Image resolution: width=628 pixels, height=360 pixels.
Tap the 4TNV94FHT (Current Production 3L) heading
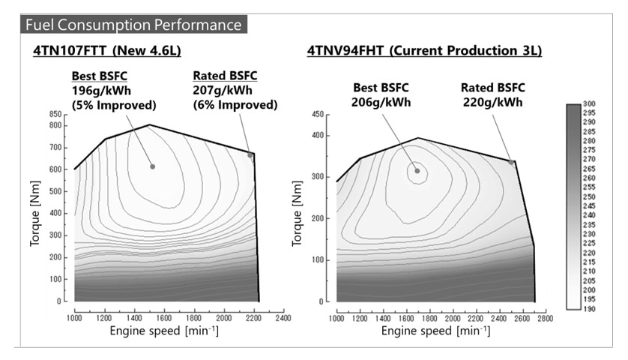pos(424,51)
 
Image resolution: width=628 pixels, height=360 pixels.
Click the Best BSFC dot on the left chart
pos(152,166)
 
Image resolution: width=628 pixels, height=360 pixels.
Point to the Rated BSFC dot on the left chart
pos(250,155)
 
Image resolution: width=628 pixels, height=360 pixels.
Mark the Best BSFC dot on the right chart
pos(417,171)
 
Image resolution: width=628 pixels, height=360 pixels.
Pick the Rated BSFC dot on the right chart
pos(512,162)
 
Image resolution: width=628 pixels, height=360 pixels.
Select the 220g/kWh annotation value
pos(492,103)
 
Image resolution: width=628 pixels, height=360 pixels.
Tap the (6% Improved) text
pos(235,105)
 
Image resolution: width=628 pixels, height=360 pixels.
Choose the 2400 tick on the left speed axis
pos(283,317)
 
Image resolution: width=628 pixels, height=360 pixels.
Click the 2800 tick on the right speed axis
pos(545,317)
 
